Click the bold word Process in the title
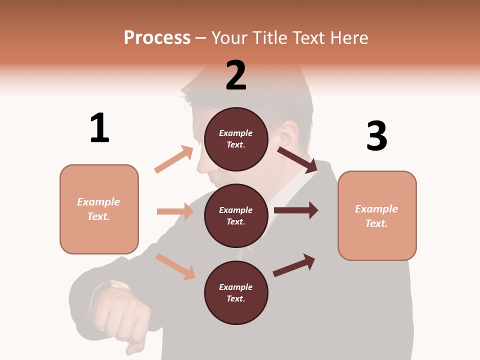pos(157,37)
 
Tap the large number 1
pos(99,128)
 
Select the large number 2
pos(236,75)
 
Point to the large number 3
pos(377,135)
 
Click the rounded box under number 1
pos(99,209)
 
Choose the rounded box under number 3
pos(377,216)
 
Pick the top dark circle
pos(236,139)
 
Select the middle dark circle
pos(236,216)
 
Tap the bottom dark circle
pos(236,293)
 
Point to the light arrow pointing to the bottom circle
pos(175,266)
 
